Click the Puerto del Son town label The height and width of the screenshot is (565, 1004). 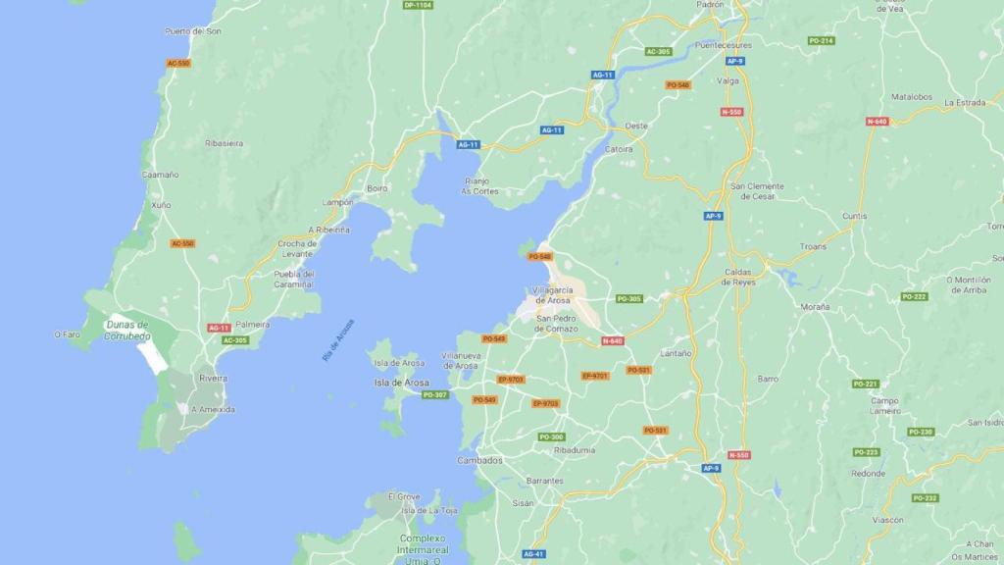point(193,31)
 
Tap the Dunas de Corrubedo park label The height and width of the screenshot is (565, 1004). point(126,331)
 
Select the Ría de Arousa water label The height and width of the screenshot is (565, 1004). point(338,340)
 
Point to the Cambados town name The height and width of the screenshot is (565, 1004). point(480,460)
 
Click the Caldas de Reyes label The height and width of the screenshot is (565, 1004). point(738,277)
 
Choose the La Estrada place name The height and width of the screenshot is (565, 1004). point(964,102)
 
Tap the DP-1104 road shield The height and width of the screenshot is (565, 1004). point(418,5)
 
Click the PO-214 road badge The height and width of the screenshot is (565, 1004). point(822,40)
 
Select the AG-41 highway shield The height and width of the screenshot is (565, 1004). point(533,553)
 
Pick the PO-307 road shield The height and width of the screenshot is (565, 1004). point(434,395)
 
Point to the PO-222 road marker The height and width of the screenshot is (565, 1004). point(914,296)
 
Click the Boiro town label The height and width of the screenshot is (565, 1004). point(377,188)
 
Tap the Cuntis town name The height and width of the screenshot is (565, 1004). point(854,216)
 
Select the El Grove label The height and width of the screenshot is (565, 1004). point(404,496)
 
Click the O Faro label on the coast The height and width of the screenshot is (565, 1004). point(67,334)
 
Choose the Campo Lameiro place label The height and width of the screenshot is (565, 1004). point(884,406)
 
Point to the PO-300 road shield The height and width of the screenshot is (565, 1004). point(551,437)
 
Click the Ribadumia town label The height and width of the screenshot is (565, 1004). point(575,450)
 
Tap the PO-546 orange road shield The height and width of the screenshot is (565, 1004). point(678,85)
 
